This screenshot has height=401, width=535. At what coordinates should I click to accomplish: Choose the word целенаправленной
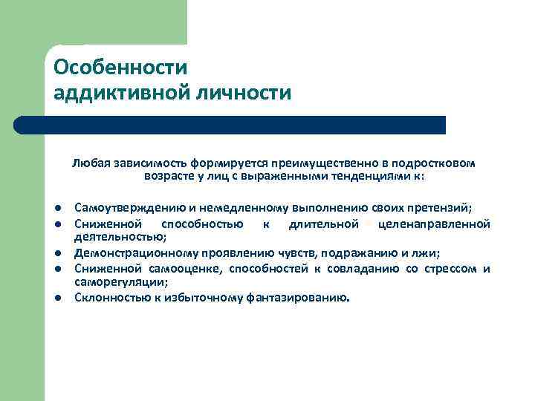(434, 224)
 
